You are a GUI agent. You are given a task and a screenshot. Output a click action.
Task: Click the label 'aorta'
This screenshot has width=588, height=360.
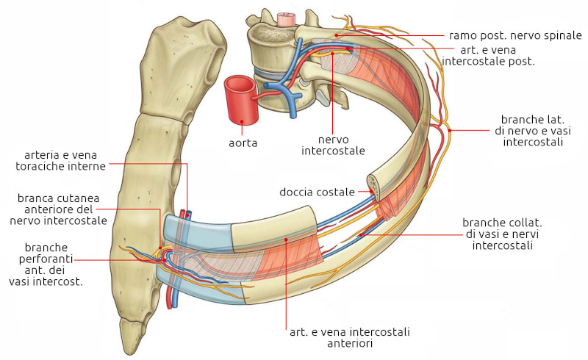(243, 142)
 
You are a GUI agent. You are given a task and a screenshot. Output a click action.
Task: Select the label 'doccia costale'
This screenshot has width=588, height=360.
(317, 192)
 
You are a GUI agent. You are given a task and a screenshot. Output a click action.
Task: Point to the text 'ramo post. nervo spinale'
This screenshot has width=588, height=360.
(515, 35)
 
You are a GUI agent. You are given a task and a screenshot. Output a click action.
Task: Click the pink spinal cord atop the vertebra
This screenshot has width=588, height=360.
(284, 16)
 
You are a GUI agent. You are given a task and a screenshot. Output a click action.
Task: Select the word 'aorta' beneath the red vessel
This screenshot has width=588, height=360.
(243, 142)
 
